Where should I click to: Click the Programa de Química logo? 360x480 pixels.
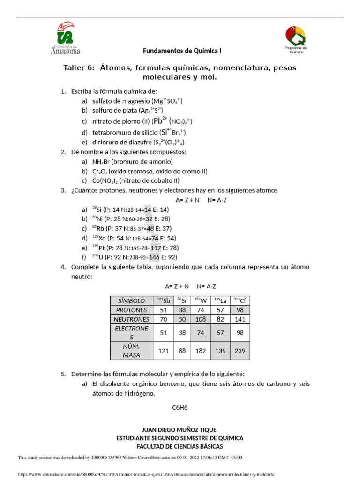(x=296, y=40)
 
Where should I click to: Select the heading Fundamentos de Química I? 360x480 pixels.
(x=182, y=50)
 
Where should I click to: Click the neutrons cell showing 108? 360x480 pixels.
(x=201, y=319)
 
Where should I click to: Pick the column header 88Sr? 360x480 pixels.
(x=181, y=300)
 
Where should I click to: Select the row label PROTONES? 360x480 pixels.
(x=132, y=310)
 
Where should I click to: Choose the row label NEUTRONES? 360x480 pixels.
(x=132, y=319)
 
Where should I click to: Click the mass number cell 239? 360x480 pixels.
(x=240, y=351)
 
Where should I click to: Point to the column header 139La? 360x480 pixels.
(x=220, y=300)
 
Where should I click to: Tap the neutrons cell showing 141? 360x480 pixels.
(x=240, y=319)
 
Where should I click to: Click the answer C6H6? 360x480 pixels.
(x=180, y=407)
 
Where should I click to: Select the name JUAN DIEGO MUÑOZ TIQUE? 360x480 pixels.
(x=180, y=430)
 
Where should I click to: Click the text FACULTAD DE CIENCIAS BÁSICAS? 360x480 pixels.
(x=180, y=446)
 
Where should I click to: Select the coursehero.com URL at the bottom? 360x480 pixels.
(x=146, y=474)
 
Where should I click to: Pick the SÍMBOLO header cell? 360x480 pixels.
(x=132, y=300)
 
